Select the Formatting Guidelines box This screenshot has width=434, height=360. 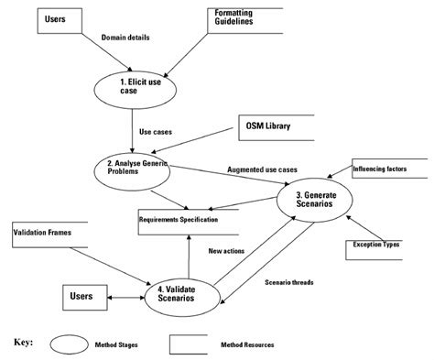click(x=242, y=19)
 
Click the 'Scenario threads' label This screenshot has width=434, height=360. click(x=289, y=282)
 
